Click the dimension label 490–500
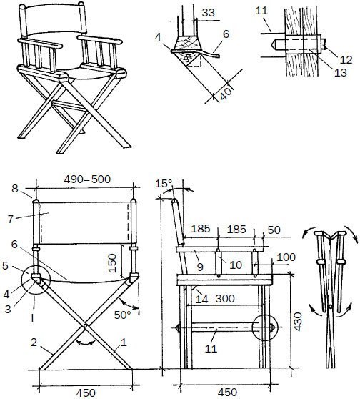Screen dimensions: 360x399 (87, 179)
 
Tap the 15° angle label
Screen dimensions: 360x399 (164, 184)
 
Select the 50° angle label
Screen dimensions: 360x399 (122, 315)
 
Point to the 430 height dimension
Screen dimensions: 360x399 (298, 322)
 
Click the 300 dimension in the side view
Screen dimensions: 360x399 (225, 298)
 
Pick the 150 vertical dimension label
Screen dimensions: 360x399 (112, 263)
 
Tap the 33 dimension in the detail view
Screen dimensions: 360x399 (209, 13)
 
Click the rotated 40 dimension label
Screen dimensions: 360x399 (226, 94)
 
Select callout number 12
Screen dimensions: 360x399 (346, 59)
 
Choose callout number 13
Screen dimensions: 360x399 (341, 72)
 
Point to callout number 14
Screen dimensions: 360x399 (201, 299)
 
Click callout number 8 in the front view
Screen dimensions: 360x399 (15, 189)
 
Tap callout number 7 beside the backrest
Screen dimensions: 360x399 (10, 219)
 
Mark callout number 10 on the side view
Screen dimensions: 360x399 (236, 265)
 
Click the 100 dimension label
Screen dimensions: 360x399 (286, 257)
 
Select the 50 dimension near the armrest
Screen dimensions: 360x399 (274, 230)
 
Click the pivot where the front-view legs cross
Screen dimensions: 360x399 (86, 325)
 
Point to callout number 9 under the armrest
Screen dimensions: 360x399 (200, 267)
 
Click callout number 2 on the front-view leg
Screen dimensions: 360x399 (34, 343)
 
